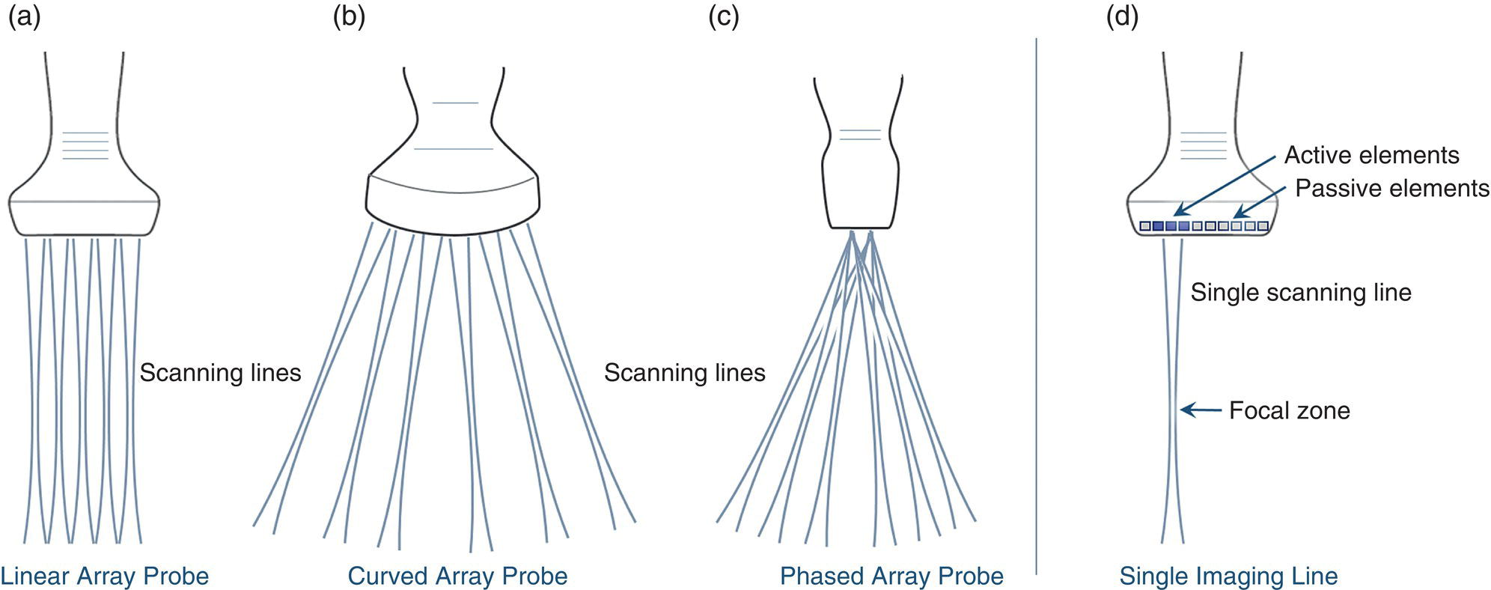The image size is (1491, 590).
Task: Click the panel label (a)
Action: pos(24,16)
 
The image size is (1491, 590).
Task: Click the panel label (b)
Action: pos(349,16)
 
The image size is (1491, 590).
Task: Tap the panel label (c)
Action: pos(723,16)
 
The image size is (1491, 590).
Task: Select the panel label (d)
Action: pos(1122,16)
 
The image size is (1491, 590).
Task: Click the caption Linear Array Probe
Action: pos(105,576)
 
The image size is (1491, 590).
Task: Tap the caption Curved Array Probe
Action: pos(457,576)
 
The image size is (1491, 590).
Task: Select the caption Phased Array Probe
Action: pos(891,576)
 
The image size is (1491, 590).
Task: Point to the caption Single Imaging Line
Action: pos(1228,576)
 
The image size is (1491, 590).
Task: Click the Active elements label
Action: pos(1371,155)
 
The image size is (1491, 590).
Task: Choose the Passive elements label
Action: pos(1391,188)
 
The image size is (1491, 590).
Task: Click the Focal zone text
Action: pos(1289,410)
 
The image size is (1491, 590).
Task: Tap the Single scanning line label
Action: pos(1300,292)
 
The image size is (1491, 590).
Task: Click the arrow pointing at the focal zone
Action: pos(1201,410)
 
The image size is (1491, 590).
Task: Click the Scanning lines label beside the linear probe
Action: pos(220,373)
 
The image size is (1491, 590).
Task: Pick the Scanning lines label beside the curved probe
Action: pos(684,373)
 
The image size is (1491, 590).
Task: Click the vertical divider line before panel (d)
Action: pos(1036,299)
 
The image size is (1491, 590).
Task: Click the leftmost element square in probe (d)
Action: pos(1144,226)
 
